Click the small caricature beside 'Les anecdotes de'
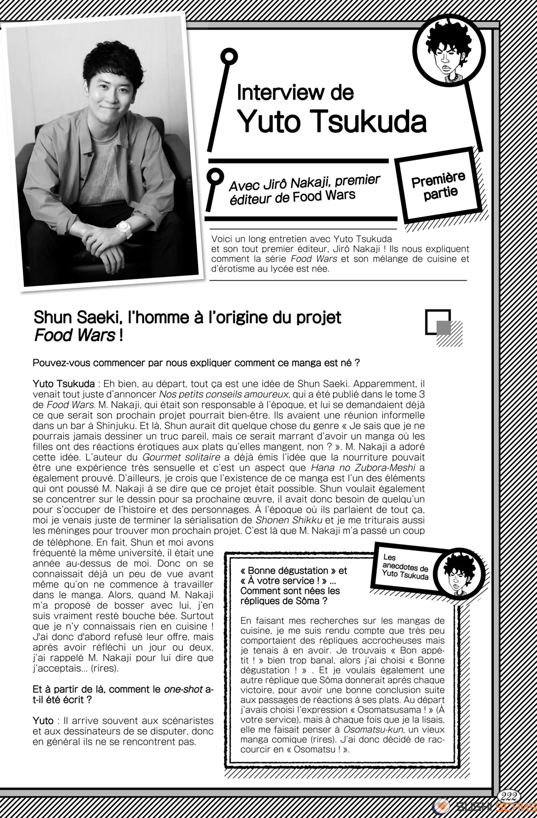tap(459, 574)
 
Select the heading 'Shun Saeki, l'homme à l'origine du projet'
tap(187, 317)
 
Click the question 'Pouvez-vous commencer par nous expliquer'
tap(196, 363)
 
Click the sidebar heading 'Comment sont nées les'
tap(290, 591)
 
